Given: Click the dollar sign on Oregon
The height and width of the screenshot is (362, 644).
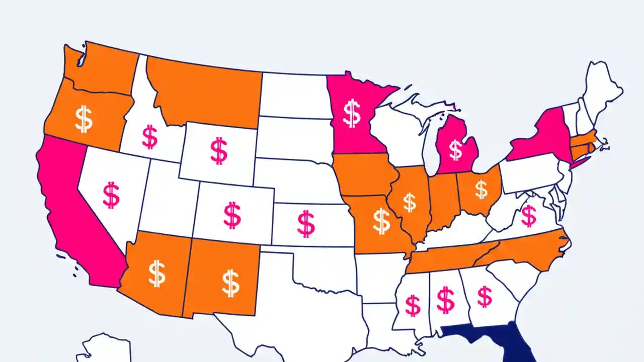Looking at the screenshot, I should [84, 119].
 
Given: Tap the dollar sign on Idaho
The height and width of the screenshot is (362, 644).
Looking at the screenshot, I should [149, 137].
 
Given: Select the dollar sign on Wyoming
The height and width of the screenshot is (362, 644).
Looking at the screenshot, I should [219, 151].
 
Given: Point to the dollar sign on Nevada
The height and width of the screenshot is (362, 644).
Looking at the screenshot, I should [111, 196].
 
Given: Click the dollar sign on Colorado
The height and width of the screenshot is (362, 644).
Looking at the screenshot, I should [232, 215].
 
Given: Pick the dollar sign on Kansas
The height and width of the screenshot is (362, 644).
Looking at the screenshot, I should [306, 224].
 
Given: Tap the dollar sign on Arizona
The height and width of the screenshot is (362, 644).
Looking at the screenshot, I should [156, 273].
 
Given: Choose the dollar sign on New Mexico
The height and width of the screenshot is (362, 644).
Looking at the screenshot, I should [230, 283].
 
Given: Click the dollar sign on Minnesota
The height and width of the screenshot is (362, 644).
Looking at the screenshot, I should [352, 113].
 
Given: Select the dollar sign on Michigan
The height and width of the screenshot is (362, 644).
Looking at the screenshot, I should [456, 150].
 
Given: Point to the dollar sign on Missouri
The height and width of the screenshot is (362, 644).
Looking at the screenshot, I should [381, 221].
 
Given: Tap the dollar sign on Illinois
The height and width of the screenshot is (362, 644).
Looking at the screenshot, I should [410, 202].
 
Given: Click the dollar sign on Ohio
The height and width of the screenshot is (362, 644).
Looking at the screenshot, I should [481, 190].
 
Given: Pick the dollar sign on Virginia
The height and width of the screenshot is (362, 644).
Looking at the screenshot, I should [528, 216].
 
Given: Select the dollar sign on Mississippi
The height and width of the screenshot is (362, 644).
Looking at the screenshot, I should [413, 305].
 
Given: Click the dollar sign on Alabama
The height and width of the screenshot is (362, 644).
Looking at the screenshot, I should [445, 300].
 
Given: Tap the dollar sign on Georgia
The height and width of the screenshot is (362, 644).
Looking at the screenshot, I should [485, 297].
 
